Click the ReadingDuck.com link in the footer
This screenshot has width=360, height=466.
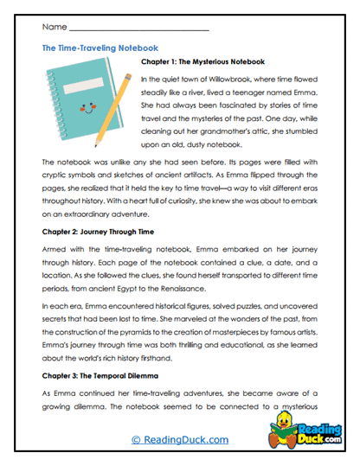179,440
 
